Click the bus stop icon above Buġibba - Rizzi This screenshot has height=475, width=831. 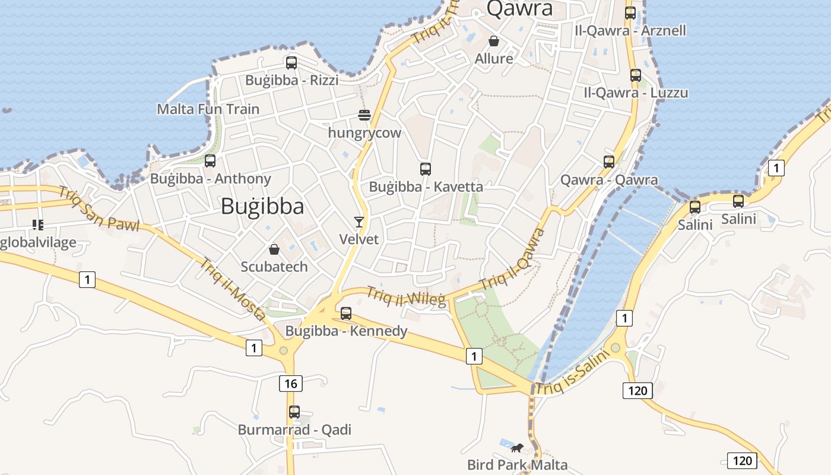291,62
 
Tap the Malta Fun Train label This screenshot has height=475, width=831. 208,109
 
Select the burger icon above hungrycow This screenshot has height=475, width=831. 364,115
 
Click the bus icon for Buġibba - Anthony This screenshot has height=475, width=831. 210,160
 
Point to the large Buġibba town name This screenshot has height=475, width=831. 262,207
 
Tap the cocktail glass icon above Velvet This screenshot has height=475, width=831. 359,222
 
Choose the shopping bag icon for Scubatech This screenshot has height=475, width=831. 274,249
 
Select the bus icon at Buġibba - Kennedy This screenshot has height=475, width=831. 346,313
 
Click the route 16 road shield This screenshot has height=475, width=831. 290,384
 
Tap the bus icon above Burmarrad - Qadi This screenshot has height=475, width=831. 294,411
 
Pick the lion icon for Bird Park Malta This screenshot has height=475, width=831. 517,448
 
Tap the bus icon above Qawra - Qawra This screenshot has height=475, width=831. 608,161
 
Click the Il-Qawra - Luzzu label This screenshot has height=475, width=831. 636,93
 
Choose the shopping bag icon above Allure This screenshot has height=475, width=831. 493,41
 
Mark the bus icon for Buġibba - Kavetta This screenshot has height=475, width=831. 425,169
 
